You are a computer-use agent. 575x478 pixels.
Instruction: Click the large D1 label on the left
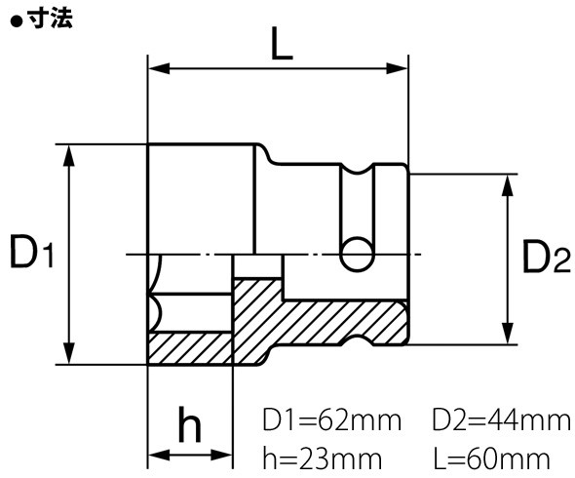pos(31,254)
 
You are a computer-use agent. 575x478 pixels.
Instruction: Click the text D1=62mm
pos(332,421)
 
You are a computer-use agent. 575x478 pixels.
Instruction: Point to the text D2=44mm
pos(500,421)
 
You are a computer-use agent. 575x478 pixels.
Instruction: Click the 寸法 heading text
pos(50,16)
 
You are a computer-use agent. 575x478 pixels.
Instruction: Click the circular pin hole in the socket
pos(357,254)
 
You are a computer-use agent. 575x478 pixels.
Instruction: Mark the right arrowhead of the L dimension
pos(400,69)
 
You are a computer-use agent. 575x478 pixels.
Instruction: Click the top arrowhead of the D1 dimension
pos(68,151)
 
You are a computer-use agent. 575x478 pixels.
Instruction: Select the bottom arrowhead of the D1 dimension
pos(68,356)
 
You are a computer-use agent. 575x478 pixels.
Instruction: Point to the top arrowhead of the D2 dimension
pos(507,182)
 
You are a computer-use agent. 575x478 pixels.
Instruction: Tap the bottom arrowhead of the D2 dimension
pos(507,337)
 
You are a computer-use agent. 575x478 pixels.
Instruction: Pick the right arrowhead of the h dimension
pos(225,455)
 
